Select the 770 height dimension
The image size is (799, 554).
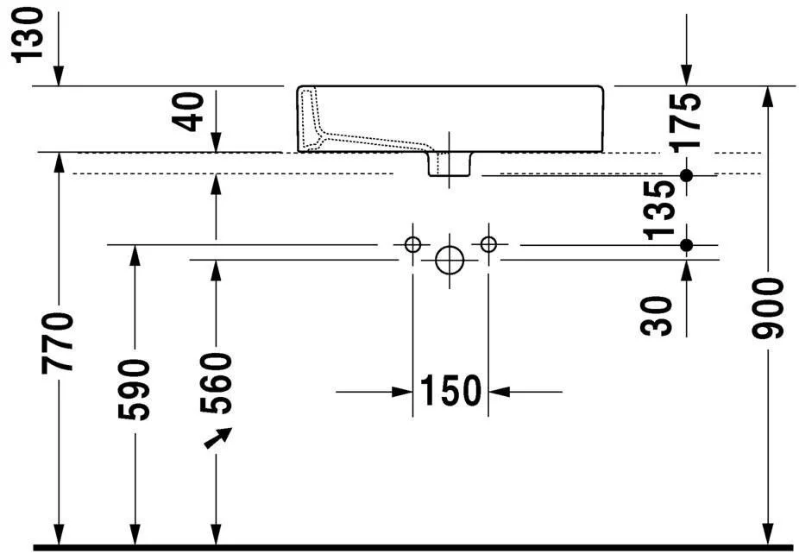coord(59,343)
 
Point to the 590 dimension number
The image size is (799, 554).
coord(134,390)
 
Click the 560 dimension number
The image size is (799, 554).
coord(216,383)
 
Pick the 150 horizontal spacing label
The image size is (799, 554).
coord(450,391)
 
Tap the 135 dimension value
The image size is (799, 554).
coord(659,211)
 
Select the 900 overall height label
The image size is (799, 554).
coord(768,309)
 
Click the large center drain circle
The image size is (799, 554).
coord(450,260)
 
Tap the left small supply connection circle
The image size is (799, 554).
coord(412,244)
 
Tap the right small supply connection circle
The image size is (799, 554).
coord(488,244)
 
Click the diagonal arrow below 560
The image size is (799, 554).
coord(218,438)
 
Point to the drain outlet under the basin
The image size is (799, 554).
coord(449,164)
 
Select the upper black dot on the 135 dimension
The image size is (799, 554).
coord(686,175)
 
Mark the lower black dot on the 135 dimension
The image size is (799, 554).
coord(686,245)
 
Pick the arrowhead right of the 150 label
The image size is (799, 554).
coord(500,392)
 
